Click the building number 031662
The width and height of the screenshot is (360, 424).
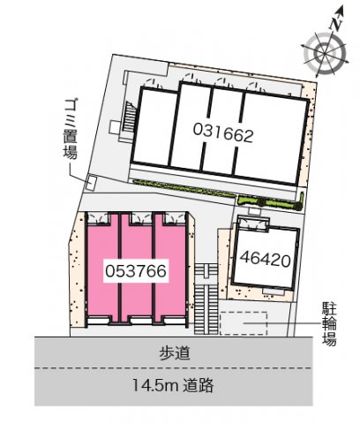[x=223, y=134]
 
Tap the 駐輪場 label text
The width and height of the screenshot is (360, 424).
[x=329, y=324]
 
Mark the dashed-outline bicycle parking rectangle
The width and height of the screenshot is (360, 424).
[x=245, y=324]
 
